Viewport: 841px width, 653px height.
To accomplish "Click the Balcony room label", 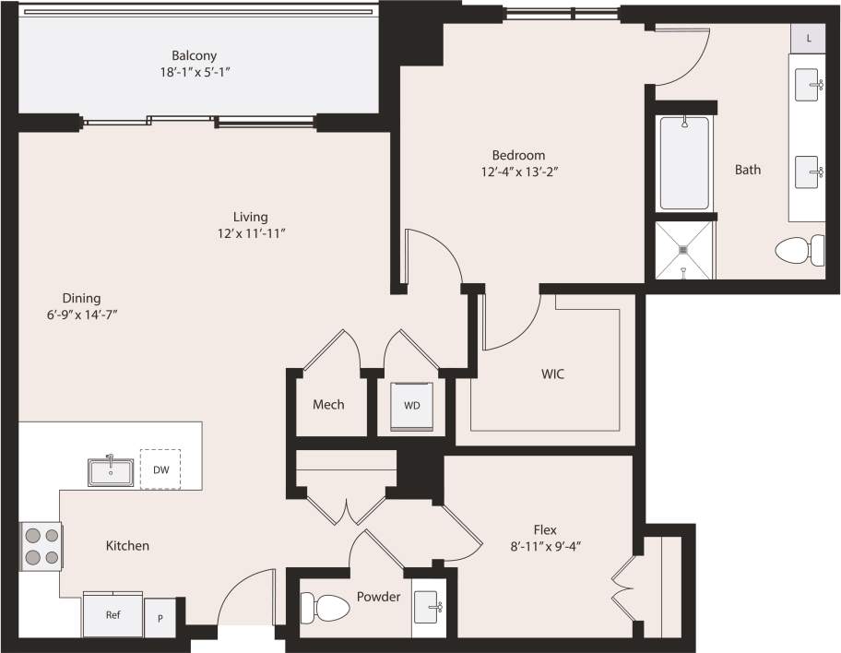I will coord(194,54).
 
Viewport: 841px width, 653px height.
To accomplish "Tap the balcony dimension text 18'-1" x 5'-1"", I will coord(194,71).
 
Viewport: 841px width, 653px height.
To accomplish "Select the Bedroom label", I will coord(518,155).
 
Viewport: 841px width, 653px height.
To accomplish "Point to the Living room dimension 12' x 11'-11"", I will coord(250,233).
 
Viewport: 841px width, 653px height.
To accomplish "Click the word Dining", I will coord(81,298).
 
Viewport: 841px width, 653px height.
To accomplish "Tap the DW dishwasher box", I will coord(160,469).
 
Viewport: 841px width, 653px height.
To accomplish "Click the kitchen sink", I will coord(111,471).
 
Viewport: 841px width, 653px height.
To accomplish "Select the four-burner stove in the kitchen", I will coord(41,545).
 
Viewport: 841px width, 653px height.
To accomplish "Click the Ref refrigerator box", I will coord(113,614).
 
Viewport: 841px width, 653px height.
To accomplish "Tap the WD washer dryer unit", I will coord(410,406).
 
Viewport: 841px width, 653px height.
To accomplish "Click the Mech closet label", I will coord(328,404).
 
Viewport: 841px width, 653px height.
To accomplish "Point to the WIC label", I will coord(552,374).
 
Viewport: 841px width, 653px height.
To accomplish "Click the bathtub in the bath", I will coord(683,163).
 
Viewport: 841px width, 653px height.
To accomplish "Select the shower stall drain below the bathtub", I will coord(683,248).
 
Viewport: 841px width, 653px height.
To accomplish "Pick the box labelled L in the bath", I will coord(809,38).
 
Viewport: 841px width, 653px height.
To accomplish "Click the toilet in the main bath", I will coord(800,250).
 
